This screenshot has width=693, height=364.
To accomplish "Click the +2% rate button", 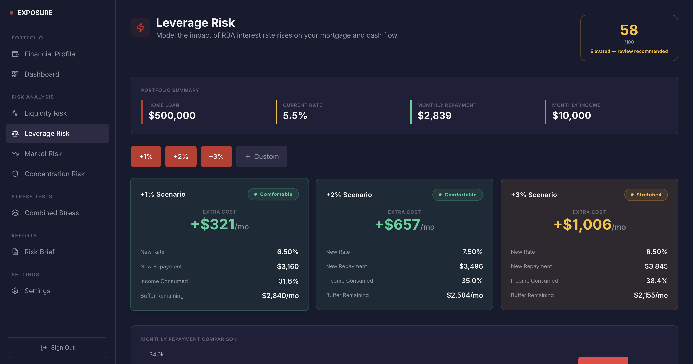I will [x=181, y=156].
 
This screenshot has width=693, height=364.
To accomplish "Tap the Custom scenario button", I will [x=262, y=156].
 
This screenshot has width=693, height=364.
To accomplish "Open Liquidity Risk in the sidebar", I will [x=46, y=113].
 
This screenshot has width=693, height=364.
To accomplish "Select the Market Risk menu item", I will [x=43, y=154].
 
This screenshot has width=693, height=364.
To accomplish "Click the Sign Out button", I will [x=58, y=347].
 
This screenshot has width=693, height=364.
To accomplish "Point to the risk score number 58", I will [x=629, y=30].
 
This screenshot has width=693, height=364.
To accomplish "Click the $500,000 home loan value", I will [x=172, y=115].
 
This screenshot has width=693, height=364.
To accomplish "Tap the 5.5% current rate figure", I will [x=295, y=115].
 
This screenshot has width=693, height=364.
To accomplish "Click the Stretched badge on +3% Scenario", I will [x=646, y=195].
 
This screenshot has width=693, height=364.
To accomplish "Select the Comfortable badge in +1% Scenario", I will [x=273, y=194].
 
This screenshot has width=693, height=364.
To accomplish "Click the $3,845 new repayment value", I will [x=656, y=266].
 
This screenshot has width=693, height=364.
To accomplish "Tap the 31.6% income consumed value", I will [x=288, y=281].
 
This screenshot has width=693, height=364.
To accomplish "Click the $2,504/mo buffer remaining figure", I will [x=464, y=295].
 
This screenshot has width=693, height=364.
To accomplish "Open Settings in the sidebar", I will [x=37, y=291].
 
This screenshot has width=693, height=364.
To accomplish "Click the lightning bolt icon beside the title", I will [x=140, y=27].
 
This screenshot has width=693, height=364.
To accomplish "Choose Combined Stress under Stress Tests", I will [x=52, y=213].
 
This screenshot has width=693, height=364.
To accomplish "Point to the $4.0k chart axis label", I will [x=156, y=354].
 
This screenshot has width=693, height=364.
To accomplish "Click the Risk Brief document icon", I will [x=15, y=252].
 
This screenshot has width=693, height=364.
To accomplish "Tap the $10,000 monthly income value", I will [x=571, y=115].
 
